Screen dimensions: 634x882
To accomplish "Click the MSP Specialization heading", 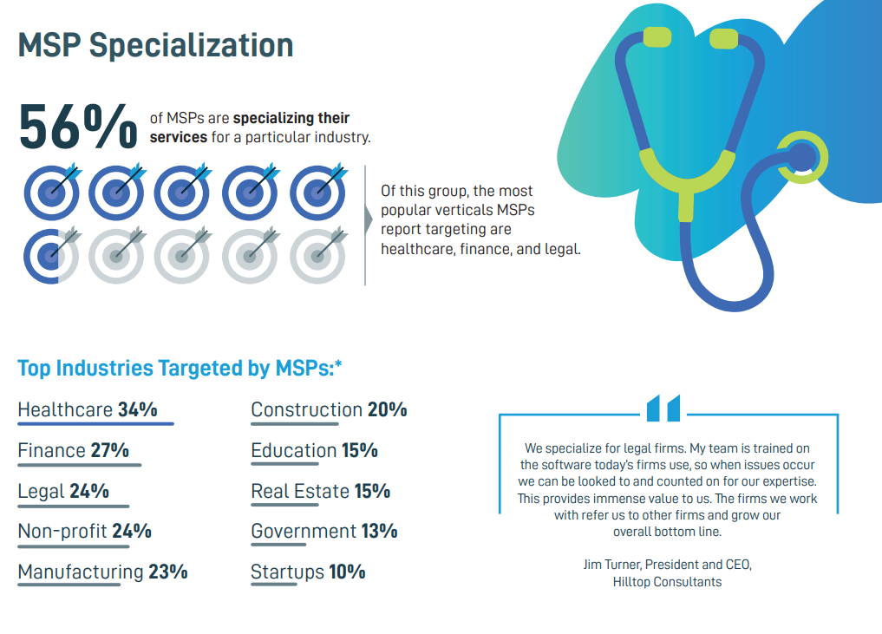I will coord(156,45).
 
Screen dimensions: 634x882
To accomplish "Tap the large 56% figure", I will coord(78,126).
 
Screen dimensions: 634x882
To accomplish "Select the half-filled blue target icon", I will coord(51,256).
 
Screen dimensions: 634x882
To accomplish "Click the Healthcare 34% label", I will coord(88,409).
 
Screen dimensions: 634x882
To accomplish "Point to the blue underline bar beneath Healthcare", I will coord(95,424).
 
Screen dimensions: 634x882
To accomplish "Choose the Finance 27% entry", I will coord(73,450).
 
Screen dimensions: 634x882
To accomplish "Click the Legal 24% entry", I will coord(63,491).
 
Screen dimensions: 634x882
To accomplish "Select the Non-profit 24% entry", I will coord(84,531).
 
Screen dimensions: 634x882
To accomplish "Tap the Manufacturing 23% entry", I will coord(102,572).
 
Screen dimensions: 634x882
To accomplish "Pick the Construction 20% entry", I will coord(329,409).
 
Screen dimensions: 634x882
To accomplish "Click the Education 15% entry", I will coord(314,450).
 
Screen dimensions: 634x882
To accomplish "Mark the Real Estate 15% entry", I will coord(320,491).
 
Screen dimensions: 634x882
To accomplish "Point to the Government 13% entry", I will coord(323,531).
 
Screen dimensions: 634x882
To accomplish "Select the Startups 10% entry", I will coord(308,572).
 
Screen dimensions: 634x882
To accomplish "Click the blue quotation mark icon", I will coord(663,408).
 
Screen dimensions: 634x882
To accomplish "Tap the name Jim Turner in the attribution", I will coord(613,565).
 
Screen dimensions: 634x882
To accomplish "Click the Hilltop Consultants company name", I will coord(666,582).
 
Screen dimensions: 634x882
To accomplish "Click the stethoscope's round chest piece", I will coord(800,157).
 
